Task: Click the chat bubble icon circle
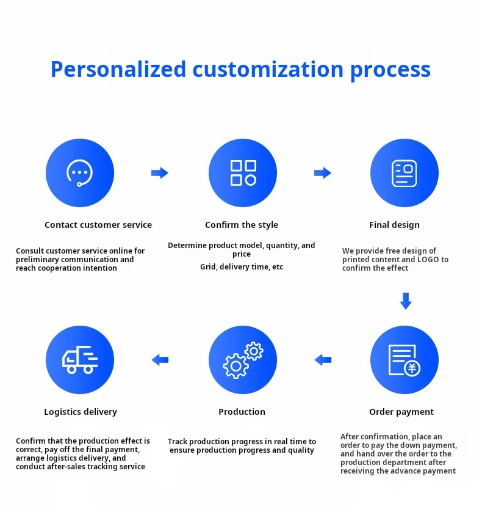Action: [x=80, y=173]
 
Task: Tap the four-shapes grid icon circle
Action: [x=243, y=173]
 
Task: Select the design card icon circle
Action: [x=405, y=173]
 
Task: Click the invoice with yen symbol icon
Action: [x=405, y=360]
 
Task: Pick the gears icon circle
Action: [x=243, y=360]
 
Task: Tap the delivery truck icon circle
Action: [x=80, y=360]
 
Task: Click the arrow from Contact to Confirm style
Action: [x=160, y=173]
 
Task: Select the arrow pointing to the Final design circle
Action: [x=323, y=173]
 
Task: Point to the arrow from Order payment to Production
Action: [x=323, y=360]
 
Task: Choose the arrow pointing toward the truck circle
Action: [x=160, y=360]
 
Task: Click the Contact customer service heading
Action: [x=98, y=225]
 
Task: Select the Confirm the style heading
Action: [x=242, y=225]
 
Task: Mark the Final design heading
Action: [x=394, y=225]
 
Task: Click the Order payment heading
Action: [x=401, y=412]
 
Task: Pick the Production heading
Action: [x=242, y=412]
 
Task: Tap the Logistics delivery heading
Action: [x=81, y=412]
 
